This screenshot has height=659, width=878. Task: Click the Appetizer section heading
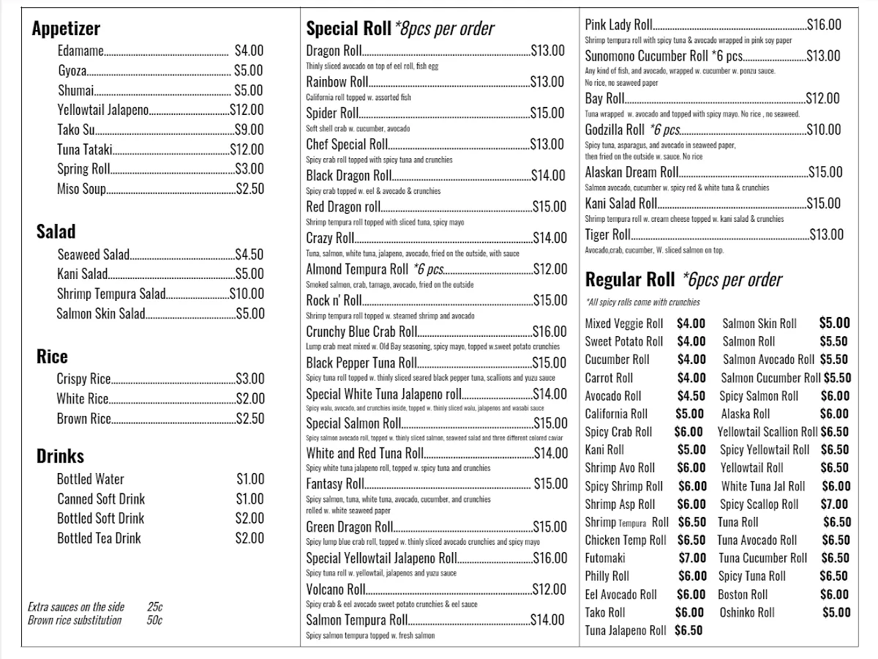[66, 29]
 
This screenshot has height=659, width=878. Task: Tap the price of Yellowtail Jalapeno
[247, 110]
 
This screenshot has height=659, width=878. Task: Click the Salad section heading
[56, 231]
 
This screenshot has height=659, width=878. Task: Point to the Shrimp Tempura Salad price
[247, 294]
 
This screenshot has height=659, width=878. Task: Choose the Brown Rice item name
[83, 419]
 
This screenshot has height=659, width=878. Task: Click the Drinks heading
[60, 456]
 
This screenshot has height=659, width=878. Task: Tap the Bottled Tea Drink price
[250, 538]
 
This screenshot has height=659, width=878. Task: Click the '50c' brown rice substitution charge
[154, 620]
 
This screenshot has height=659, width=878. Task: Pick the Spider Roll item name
[332, 113]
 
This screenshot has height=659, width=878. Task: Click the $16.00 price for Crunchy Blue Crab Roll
[549, 332]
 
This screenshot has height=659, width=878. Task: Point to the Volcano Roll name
[335, 589]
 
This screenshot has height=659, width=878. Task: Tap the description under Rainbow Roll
[359, 97]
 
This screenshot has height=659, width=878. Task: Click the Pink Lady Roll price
[824, 24]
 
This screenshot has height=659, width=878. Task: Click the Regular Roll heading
[630, 280]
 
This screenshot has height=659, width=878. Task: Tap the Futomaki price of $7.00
[692, 558]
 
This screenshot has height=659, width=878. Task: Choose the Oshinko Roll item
[747, 612]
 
